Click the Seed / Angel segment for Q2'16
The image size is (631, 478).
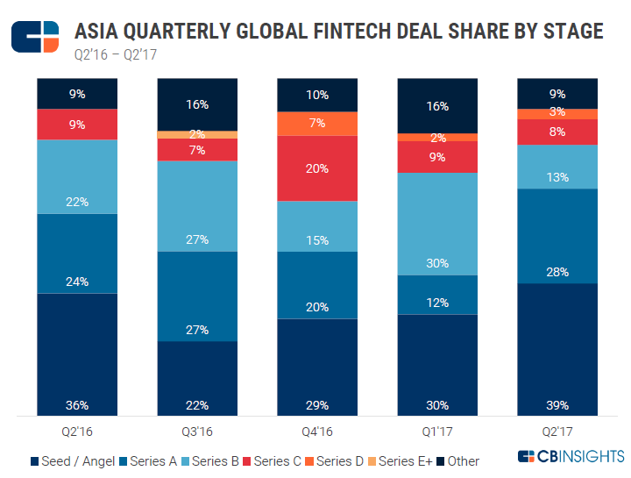[x=76, y=351]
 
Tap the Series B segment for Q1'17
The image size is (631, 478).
[x=436, y=224]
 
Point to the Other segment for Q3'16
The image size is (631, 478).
[x=196, y=103]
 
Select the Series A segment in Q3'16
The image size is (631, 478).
[x=196, y=296]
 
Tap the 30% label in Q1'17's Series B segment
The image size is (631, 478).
[x=436, y=263]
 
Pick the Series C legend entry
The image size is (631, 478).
[x=281, y=460]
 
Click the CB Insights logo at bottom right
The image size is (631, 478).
[x=571, y=458]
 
